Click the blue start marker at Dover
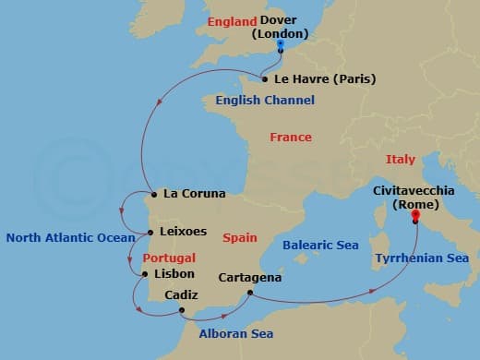coord(281,43)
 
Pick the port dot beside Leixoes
coord(150,232)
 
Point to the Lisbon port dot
coord(146,273)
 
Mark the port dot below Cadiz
coord(182,310)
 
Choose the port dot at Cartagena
coord(250,293)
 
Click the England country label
coord(232,21)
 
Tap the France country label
coord(290,138)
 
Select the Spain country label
coord(240,237)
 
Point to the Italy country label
coord(401,160)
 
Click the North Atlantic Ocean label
coord(70,237)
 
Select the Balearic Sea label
coord(320,246)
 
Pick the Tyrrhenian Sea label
coord(422,259)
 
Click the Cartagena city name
coord(250,276)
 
